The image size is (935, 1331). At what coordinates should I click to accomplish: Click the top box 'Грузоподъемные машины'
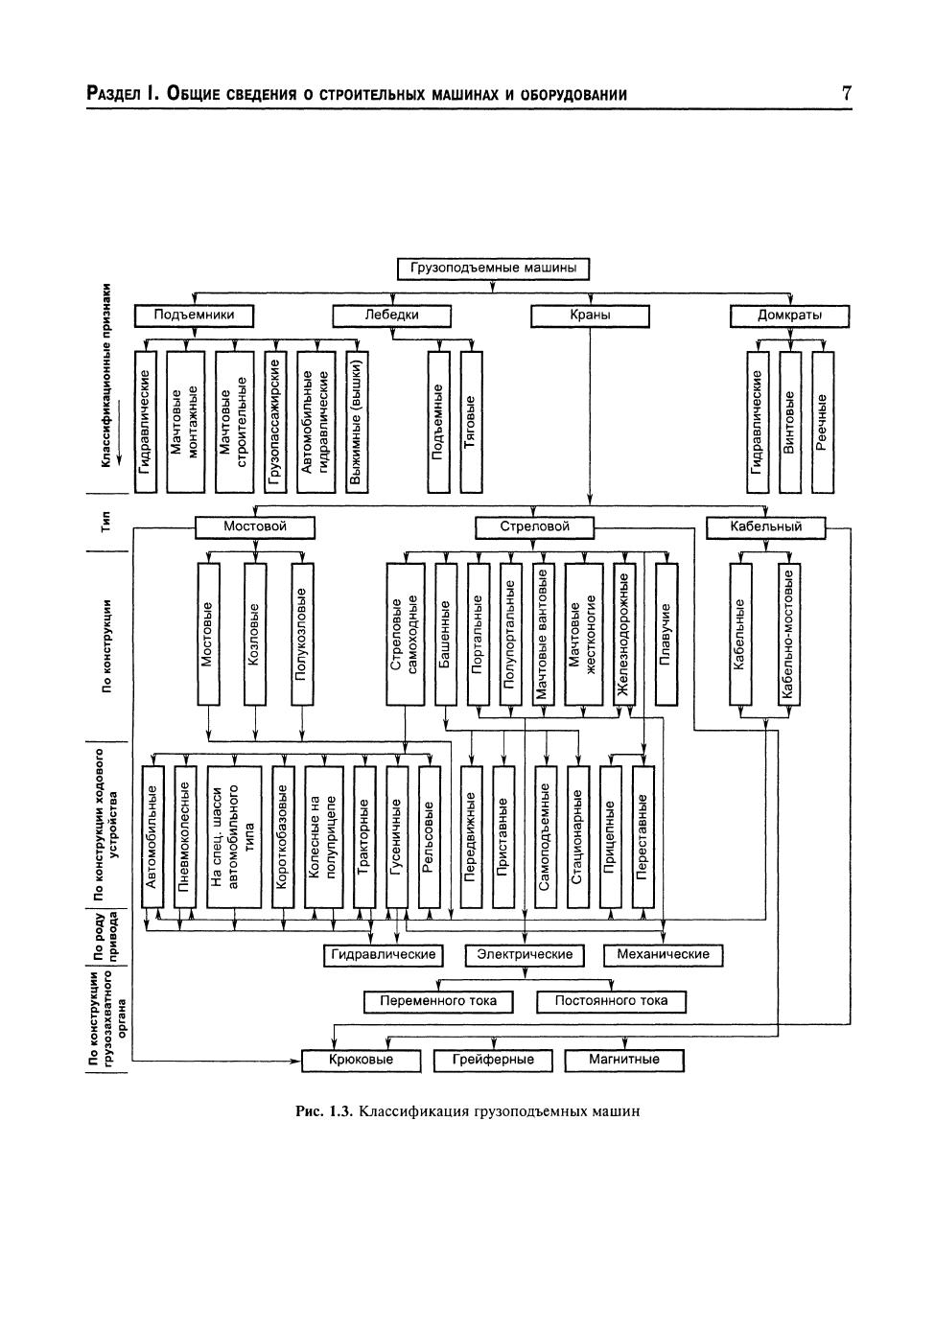[x=493, y=269]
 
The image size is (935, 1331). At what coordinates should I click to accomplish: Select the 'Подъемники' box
[x=194, y=315]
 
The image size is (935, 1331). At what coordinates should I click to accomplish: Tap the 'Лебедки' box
[x=391, y=315]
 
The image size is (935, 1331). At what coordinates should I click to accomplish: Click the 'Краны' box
[x=590, y=315]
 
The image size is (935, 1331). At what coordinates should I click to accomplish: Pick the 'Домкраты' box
[x=789, y=315]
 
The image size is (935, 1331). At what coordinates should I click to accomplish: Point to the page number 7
[x=846, y=93]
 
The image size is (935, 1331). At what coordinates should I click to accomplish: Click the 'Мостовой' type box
[x=254, y=526]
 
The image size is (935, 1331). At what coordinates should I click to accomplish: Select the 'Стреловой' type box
[x=534, y=526]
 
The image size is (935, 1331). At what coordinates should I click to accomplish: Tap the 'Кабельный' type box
[x=765, y=526]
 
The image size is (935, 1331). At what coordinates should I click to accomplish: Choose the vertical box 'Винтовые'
[x=789, y=422]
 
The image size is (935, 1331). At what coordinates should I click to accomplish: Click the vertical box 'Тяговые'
[x=470, y=422]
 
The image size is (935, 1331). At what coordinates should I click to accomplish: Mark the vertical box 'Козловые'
[x=254, y=634]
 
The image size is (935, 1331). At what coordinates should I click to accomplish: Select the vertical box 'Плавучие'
[x=666, y=634]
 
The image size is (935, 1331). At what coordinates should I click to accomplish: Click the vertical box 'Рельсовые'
[x=429, y=837]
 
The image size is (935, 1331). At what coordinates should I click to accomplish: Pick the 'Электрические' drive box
[x=525, y=955]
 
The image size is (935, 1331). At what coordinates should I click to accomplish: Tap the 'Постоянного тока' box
[x=611, y=1001]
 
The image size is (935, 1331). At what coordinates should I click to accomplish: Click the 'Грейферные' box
[x=493, y=1060]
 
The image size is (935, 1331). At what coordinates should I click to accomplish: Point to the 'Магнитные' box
[x=624, y=1060]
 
